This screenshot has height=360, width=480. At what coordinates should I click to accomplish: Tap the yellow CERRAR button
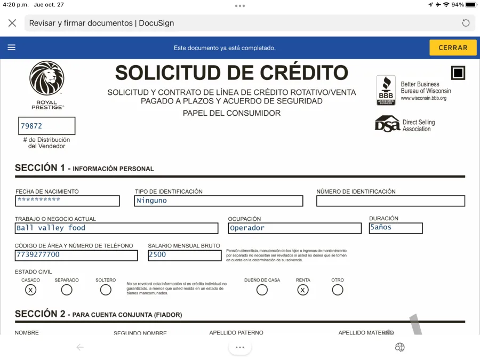(453, 47)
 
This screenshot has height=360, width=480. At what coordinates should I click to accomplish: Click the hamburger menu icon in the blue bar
(11, 47)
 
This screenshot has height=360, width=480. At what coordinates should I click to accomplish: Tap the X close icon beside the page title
(12, 23)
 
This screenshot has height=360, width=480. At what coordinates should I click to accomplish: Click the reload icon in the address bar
(466, 23)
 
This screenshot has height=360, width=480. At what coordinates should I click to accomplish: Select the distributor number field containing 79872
(47, 126)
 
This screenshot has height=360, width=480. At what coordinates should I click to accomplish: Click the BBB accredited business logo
(386, 90)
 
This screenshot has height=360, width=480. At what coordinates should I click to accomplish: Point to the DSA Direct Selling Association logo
(387, 124)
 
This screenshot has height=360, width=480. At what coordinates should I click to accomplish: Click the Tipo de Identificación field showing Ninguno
(219, 201)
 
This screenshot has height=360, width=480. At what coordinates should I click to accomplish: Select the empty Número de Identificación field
(390, 201)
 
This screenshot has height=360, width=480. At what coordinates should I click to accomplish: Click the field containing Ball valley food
(117, 228)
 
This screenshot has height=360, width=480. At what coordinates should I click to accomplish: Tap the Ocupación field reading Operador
(294, 228)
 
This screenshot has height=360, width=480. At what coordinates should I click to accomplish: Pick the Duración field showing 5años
(396, 228)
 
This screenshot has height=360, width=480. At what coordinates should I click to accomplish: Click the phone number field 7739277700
(76, 255)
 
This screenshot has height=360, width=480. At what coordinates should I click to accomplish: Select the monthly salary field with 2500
(185, 255)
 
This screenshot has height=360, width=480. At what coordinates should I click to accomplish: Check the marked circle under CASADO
(31, 290)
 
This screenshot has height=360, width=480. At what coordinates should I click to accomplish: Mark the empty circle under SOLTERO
(106, 290)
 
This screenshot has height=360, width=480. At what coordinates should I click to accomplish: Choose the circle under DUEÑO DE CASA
(262, 290)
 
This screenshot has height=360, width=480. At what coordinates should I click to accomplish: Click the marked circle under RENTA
(303, 290)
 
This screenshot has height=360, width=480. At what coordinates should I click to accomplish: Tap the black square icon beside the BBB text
(458, 73)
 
